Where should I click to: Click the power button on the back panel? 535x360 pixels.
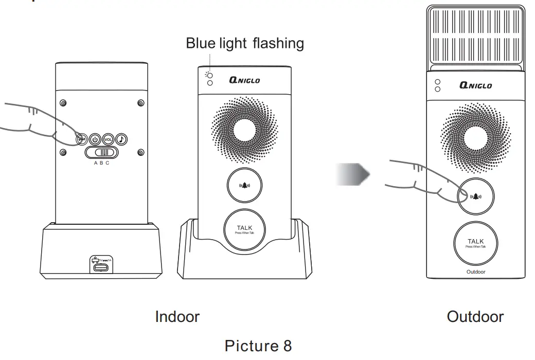pyautogui.click(x=95, y=139)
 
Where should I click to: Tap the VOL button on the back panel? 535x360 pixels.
pyautogui.click(x=108, y=139)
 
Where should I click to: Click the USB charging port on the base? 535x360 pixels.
pyautogui.click(x=100, y=266)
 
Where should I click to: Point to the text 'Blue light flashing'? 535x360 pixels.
pyautogui.click(x=245, y=43)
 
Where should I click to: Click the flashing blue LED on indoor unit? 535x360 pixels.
pyautogui.click(x=209, y=75)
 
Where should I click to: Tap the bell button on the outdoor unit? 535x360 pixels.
pyautogui.click(x=476, y=196)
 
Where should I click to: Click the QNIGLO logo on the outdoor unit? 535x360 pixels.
pyautogui.click(x=475, y=85)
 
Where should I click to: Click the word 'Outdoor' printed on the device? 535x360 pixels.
pyautogui.click(x=475, y=272)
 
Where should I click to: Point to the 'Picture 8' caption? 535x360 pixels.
pyautogui.click(x=258, y=346)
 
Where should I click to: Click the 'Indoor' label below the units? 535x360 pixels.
pyautogui.click(x=177, y=316)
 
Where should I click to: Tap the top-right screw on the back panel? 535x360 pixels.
pyautogui.click(x=140, y=103)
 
